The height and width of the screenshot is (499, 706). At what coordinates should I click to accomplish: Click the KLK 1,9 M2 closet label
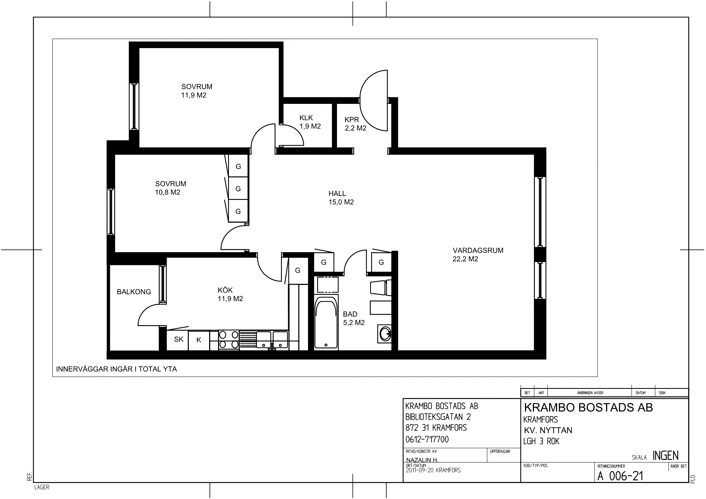pos(310,122)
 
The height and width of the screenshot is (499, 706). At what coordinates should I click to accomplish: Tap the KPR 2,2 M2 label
pos(355,124)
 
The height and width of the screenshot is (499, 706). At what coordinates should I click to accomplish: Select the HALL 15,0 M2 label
pos(341,198)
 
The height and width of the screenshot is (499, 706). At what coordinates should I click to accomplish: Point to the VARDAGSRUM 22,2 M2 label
pos(478,255)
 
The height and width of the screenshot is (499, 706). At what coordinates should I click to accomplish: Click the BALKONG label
pos(134,292)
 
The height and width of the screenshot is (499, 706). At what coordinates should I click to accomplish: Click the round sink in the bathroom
pos(385,334)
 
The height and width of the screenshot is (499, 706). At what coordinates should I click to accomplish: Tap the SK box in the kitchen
pos(179,340)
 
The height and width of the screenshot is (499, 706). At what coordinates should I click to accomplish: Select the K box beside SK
pos(199,340)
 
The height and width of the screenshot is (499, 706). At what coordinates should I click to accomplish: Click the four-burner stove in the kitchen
pos(229,340)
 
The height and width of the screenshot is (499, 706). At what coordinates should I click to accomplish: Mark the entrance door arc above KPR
pos(373,100)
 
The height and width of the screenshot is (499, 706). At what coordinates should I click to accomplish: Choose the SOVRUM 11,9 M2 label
pos(196,91)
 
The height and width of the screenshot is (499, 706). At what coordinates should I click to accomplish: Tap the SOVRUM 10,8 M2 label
pos(170,188)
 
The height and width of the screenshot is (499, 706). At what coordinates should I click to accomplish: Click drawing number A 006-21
pos(620,476)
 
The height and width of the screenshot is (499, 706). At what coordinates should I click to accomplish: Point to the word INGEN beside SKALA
pos(665,456)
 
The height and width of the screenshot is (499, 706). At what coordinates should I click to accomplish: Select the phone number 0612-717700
pos(427,439)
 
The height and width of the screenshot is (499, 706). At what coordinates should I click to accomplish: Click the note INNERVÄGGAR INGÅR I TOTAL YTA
pos(116,369)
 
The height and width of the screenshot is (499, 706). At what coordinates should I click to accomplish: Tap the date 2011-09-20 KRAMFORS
pos(433,470)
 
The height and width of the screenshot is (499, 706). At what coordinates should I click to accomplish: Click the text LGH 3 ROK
pos(541,441)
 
